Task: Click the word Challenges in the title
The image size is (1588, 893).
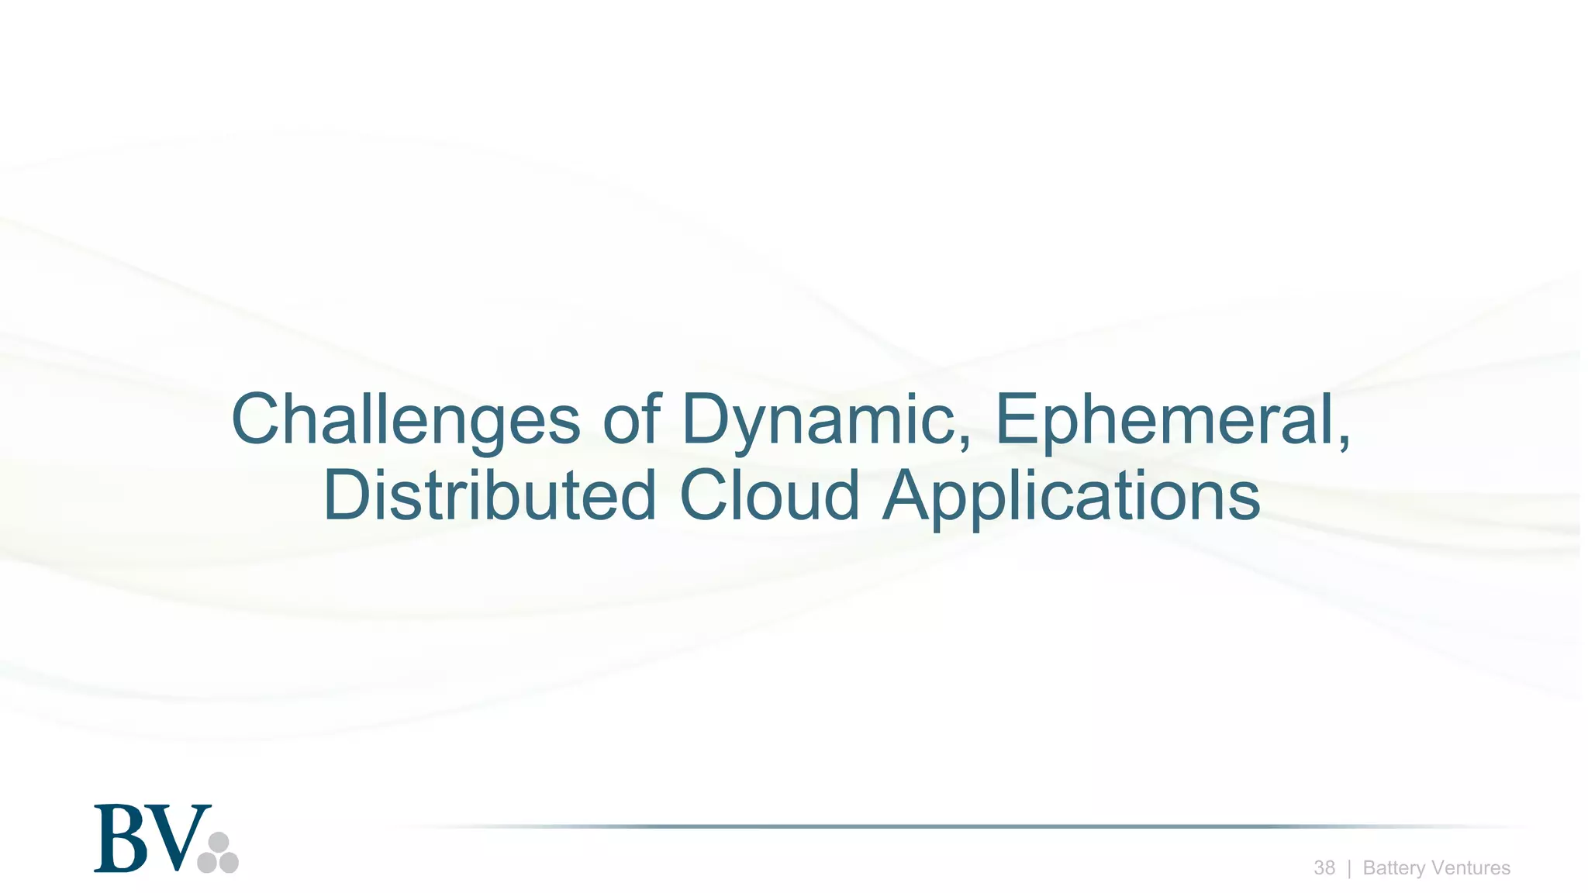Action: point(405,420)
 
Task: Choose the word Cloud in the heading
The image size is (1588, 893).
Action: point(769,496)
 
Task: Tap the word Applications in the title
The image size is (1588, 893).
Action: point(1072,496)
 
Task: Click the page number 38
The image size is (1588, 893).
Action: point(1324,867)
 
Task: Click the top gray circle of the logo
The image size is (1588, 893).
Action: point(219,842)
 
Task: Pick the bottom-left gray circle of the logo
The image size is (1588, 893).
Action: point(207,863)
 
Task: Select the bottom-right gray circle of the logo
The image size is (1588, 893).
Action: point(229,863)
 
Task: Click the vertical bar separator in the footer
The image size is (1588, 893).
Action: point(1349,868)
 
